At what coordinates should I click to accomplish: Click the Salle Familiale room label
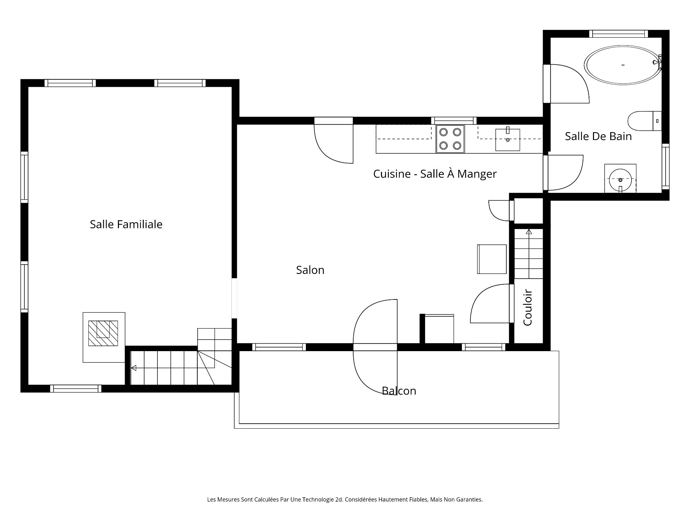point(126,224)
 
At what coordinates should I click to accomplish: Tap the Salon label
point(310,270)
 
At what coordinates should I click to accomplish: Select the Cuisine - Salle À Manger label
point(435,174)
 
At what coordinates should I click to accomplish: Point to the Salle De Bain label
point(598,136)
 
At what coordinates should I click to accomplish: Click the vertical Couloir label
point(528,308)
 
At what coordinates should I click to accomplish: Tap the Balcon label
point(399,391)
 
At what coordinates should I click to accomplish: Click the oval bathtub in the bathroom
point(623,65)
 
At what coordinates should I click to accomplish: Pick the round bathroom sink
point(620,180)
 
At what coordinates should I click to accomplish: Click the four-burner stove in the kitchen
point(450,139)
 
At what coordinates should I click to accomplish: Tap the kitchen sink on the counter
point(508,140)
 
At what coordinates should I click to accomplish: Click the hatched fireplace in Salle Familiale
point(103,334)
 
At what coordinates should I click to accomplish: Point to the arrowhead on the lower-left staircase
point(133,368)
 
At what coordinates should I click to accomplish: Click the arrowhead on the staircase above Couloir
point(529,232)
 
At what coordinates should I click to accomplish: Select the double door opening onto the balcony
point(375,347)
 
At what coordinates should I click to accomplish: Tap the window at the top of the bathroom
point(618,34)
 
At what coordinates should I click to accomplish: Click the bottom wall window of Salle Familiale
point(76,388)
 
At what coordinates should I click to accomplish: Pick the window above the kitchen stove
point(454,121)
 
